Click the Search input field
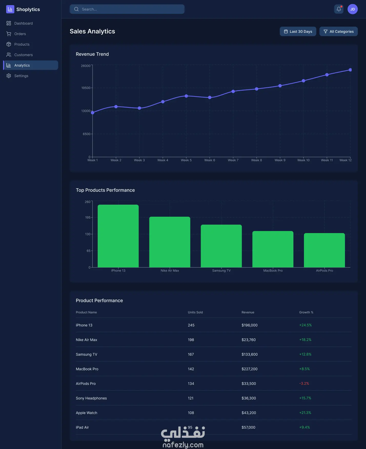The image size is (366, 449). tap(127, 9)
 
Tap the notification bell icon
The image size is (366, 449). tap(339, 9)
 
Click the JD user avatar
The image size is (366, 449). tap(353, 9)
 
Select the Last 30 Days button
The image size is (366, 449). tap(298, 32)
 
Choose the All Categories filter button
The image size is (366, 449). tap(339, 32)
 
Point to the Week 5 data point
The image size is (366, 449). tap(186, 96)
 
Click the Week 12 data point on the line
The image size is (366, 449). tap(350, 70)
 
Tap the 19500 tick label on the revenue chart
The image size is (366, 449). tap(86, 88)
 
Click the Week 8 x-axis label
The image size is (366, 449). tap(257, 160)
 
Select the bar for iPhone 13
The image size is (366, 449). tap(118, 236)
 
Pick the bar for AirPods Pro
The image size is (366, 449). tap(324, 250)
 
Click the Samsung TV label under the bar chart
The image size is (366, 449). tap(221, 271)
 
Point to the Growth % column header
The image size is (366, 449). tap(306, 312)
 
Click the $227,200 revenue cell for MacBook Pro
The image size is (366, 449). tap(249, 369)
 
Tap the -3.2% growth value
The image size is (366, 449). tap(304, 384)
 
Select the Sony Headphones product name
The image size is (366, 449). tap(91, 398)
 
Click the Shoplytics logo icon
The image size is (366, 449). tap(10, 9)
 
